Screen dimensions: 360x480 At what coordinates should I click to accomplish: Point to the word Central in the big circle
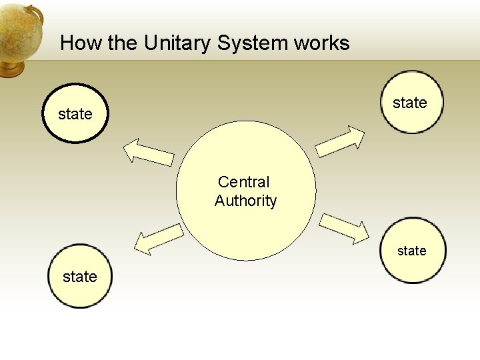(244, 182)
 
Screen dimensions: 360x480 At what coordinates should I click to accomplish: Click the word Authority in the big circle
(245, 201)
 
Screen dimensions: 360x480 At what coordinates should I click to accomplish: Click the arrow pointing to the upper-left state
(148, 152)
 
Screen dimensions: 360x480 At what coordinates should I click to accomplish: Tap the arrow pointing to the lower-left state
(158, 239)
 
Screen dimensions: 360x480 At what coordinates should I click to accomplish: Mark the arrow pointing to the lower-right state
(344, 227)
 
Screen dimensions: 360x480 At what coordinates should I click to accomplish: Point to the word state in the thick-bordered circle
(75, 115)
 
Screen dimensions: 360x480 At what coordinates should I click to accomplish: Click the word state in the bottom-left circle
(80, 277)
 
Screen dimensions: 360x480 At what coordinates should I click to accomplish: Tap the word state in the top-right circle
(410, 103)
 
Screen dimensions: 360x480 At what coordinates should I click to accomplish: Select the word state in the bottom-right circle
(412, 251)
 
